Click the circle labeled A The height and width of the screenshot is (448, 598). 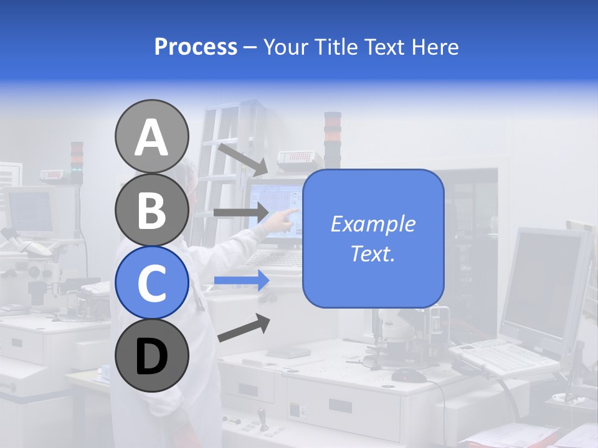151,136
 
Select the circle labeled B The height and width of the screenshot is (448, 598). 151,210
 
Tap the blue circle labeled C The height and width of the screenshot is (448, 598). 151,282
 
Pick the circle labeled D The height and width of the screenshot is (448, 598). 151,356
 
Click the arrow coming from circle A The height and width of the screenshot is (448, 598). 242,159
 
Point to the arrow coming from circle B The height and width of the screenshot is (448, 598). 240,212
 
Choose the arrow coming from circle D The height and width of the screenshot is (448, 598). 244,328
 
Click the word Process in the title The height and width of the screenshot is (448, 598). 196,47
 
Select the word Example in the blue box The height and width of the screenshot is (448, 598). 373,224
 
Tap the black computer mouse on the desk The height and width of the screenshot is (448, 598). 409,375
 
